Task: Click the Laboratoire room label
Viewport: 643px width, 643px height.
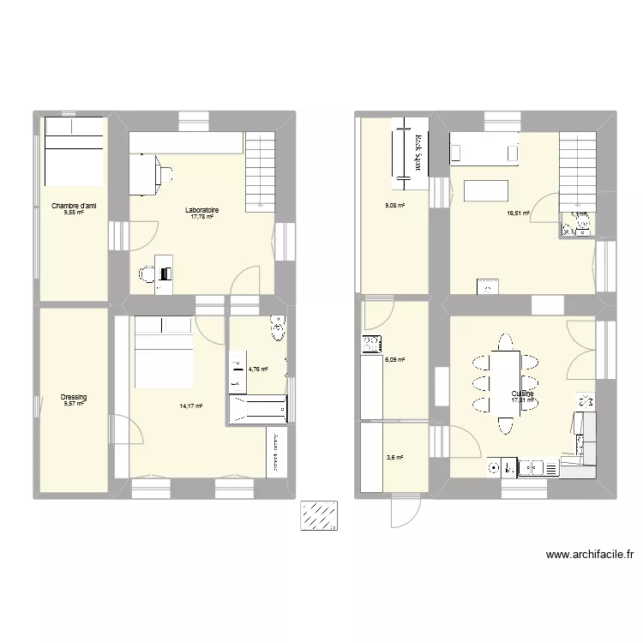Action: [202, 210]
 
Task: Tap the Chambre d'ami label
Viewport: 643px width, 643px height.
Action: [73, 206]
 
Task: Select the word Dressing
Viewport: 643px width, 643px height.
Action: [73, 397]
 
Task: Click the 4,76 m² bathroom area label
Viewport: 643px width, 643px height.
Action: [258, 370]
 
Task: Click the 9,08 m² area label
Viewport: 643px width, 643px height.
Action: [394, 205]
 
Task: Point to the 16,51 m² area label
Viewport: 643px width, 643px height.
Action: [518, 213]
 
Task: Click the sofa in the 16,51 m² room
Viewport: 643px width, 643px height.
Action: [485, 148]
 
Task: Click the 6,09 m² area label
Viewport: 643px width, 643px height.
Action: [394, 360]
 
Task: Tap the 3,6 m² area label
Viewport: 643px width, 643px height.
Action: [394, 458]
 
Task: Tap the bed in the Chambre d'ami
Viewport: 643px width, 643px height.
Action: [73, 151]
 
